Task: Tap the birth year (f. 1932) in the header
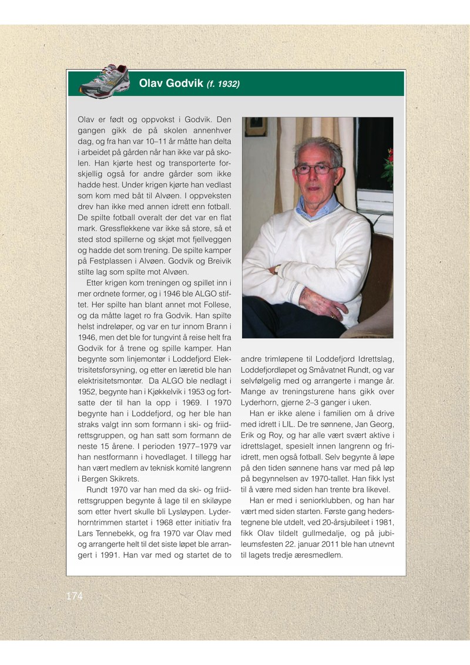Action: [x=223, y=85]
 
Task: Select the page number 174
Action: [x=75, y=596]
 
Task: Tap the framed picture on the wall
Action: [x=256, y=127]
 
